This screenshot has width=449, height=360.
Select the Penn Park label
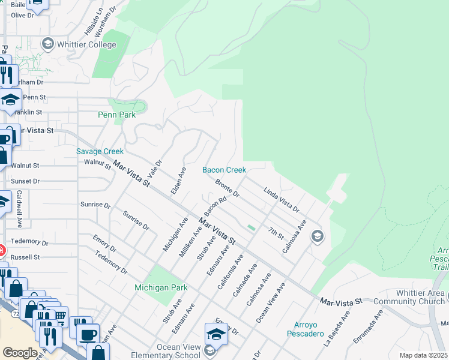tap(116, 115)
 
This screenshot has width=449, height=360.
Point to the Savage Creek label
tap(100, 152)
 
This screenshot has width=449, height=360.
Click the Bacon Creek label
tap(224, 170)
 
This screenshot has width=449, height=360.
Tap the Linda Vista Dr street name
tap(281, 200)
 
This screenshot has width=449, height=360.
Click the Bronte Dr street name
tap(228, 187)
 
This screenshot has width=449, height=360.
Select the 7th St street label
tap(276, 233)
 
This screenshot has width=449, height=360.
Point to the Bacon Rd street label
tap(214, 206)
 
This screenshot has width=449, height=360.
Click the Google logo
tap(20, 353)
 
